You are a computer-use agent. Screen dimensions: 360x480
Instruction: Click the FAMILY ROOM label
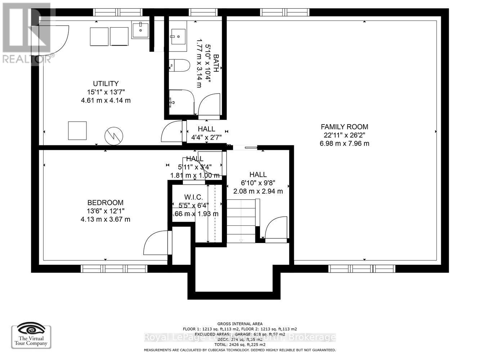344,127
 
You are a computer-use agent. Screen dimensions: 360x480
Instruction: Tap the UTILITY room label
106,84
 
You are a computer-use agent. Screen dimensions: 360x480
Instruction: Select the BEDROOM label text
105,203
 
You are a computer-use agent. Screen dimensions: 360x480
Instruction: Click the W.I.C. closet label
193,197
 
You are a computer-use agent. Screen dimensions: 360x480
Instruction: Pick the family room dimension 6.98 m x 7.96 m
344,143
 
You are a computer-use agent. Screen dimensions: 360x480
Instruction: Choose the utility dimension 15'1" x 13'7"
106,92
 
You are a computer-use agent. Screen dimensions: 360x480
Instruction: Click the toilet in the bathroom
179,66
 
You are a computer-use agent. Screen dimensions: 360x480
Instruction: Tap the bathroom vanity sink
178,37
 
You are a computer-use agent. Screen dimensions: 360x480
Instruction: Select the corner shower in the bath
181,102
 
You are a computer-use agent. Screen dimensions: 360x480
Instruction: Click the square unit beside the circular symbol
77,130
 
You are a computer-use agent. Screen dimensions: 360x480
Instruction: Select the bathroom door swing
209,104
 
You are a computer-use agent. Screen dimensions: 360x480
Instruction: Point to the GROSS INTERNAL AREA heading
240,324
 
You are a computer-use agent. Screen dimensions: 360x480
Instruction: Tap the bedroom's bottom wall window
114,269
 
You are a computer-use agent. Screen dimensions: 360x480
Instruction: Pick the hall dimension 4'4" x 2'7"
206,137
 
